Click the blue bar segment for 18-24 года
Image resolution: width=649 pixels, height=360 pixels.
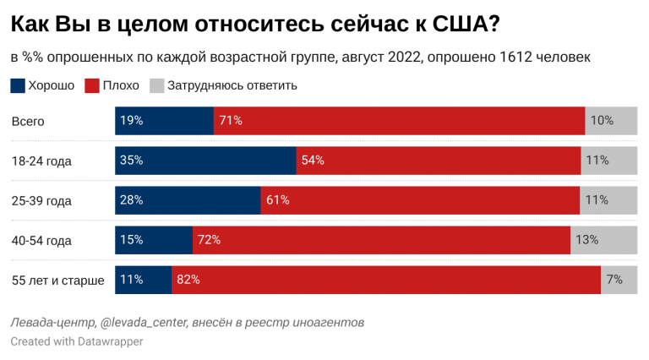point(205,160)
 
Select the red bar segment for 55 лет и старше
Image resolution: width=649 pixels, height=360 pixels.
point(386,280)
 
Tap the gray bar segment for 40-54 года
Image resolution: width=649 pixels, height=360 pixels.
point(603,240)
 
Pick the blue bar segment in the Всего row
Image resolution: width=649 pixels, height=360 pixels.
point(164,120)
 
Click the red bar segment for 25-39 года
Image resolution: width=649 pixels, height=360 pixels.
point(420,200)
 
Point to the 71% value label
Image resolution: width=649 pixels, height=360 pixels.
point(231,120)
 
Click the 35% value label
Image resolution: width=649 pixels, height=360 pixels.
point(132,160)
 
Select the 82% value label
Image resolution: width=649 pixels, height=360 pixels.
point(188,280)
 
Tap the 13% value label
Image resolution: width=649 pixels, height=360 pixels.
point(586,240)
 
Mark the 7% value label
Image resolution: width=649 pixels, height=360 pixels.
point(614,280)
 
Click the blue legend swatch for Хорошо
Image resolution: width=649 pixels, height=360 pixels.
point(18,85)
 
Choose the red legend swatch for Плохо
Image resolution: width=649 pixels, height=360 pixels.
point(93,85)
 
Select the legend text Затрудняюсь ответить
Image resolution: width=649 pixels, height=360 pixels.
point(232,85)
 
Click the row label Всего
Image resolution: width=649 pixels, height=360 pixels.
point(28,121)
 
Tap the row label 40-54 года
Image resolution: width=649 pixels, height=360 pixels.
point(41,241)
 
